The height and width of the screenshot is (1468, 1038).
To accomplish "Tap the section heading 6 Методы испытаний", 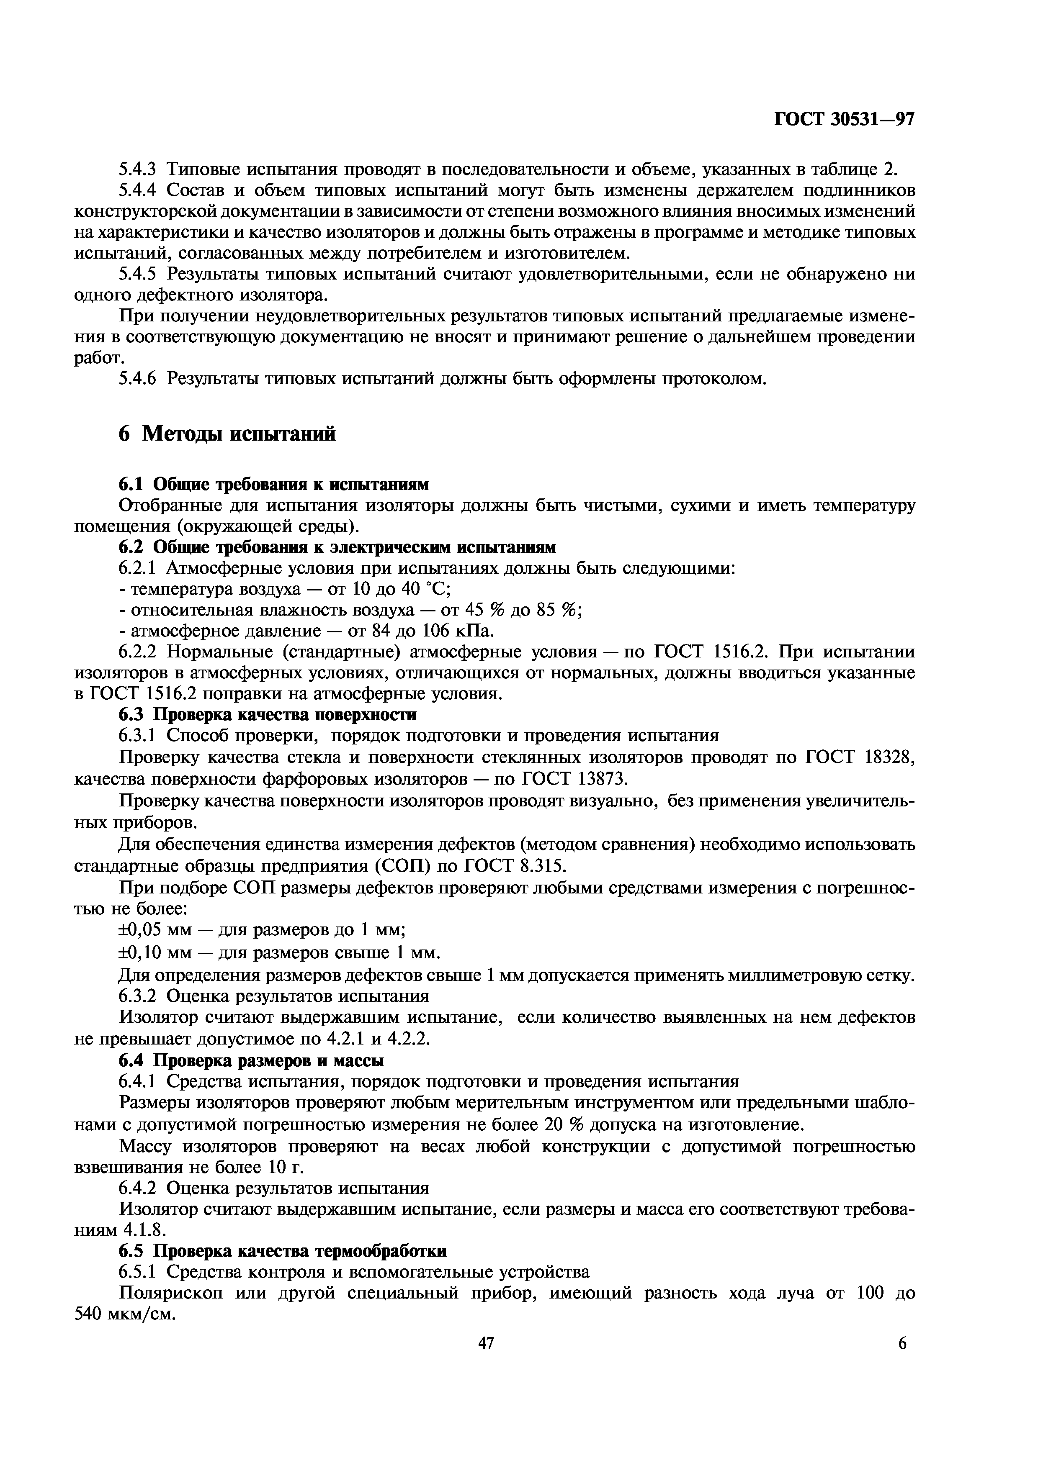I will (227, 435).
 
